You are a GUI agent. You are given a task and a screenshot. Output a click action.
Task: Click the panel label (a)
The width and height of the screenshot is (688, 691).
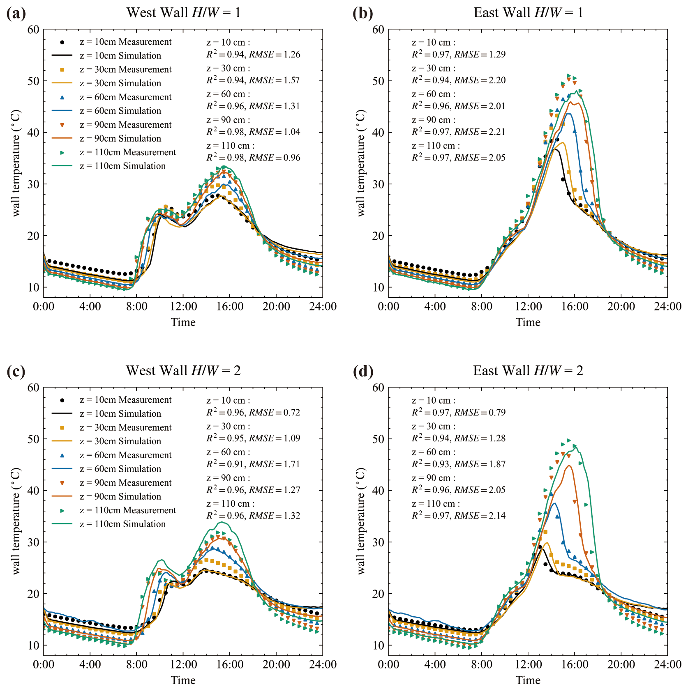click(x=16, y=14)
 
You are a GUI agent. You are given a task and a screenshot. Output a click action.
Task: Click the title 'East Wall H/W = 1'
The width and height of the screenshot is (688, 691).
click(x=528, y=13)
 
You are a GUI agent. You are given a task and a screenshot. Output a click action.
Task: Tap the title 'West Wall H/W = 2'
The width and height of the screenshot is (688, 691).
click(x=183, y=371)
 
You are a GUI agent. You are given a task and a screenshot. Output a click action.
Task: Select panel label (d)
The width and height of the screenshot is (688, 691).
click(x=363, y=372)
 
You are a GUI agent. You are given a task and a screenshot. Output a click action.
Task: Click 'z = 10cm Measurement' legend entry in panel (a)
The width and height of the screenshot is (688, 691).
click(x=125, y=42)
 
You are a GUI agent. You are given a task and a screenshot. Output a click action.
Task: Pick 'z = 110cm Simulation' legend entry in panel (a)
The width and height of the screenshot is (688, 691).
click(x=122, y=166)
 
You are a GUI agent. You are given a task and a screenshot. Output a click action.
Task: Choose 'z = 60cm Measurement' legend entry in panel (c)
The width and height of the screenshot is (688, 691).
click(x=125, y=455)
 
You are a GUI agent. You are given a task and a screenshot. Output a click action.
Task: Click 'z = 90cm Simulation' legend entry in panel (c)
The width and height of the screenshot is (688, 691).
click(x=120, y=496)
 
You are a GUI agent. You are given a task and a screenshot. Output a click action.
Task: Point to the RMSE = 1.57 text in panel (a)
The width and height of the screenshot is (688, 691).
click(x=275, y=80)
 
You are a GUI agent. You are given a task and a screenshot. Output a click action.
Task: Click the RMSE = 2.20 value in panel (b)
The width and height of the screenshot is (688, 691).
click(x=480, y=80)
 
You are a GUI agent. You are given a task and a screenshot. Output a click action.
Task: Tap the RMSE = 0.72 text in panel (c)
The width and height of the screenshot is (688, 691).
click(x=275, y=413)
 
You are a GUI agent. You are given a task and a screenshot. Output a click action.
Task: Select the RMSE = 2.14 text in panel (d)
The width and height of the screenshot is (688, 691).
click(x=480, y=516)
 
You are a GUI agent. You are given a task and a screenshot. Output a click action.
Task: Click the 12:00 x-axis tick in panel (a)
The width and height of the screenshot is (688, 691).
click(x=183, y=307)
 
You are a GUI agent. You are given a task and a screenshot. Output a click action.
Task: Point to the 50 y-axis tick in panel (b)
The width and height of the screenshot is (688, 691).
click(x=378, y=81)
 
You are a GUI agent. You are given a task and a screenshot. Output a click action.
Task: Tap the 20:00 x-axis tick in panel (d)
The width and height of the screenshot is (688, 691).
click(x=621, y=665)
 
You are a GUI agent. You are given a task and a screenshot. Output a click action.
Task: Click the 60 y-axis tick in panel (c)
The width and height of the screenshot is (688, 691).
click(x=33, y=388)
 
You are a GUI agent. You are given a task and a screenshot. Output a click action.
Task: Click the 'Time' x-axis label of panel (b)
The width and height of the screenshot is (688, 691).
click(x=528, y=322)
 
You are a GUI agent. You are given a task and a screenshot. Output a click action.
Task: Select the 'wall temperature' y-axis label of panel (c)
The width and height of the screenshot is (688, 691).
click(x=16, y=521)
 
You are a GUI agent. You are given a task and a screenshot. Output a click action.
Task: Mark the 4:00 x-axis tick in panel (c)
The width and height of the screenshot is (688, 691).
click(x=90, y=665)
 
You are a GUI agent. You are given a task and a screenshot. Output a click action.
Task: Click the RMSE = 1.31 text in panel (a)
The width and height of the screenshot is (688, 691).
click(x=275, y=106)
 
